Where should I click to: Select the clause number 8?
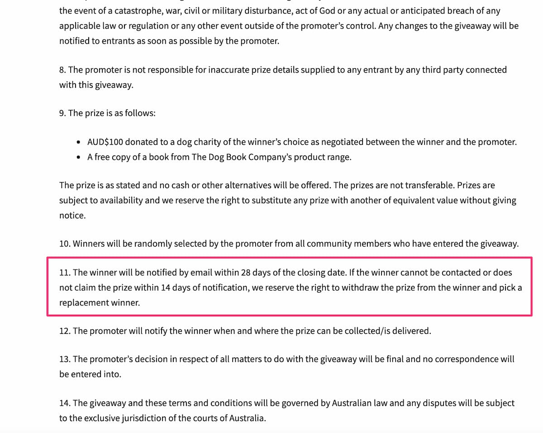[62, 70]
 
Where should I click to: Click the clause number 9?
[62, 113]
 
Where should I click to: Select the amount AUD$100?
[105, 142]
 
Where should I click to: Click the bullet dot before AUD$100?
[79, 143]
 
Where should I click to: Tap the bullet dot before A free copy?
[79, 157]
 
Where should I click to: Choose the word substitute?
[272, 200]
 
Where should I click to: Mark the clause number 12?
[65, 331]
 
